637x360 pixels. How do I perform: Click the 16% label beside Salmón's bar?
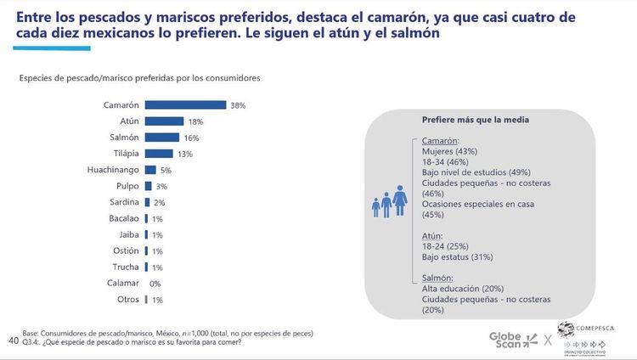pyautogui.click(x=192, y=138)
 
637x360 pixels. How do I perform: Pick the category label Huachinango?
pyautogui.click(x=108, y=170)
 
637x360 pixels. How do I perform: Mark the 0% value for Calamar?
pyautogui.click(x=155, y=284)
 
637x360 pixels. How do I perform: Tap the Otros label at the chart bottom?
pyautogui.click(x=127, y=300)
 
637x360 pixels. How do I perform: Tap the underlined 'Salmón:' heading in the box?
pyautogui.click(x=438, y=278)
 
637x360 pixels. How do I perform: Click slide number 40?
pyautogui.click(x=13, y=340)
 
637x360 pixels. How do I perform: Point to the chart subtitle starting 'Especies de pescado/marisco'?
pyautogui.click(x=139, y=78)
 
